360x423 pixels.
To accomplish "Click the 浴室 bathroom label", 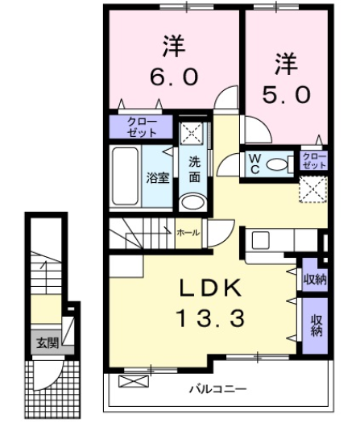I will pyautogui.click(x=158, y=178).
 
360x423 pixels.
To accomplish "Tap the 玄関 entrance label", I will pyautogui.click(x=46, y=342).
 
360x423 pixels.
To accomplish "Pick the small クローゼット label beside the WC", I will pyautogui.click(x=313, y=160).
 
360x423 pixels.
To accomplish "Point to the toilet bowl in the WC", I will pyautogui.click(x=278, y=164).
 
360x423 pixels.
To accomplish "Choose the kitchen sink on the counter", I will pyautogui.click(x=261, y=240).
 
